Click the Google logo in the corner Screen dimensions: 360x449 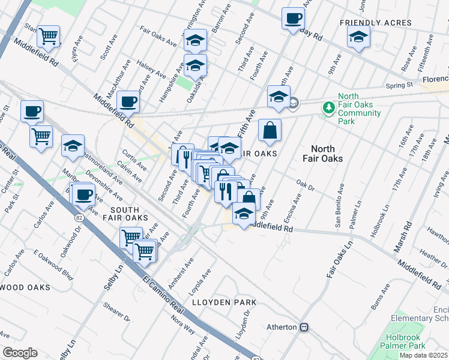(x=20, y=353)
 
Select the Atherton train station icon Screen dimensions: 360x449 (x=304, y=327)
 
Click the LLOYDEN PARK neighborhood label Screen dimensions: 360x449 (x=224, y=302)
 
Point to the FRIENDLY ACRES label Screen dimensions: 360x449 (x=375, y=23)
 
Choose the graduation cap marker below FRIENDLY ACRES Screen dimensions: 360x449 (x=358, y=37)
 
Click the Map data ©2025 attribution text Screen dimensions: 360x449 (x=424, y=355)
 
